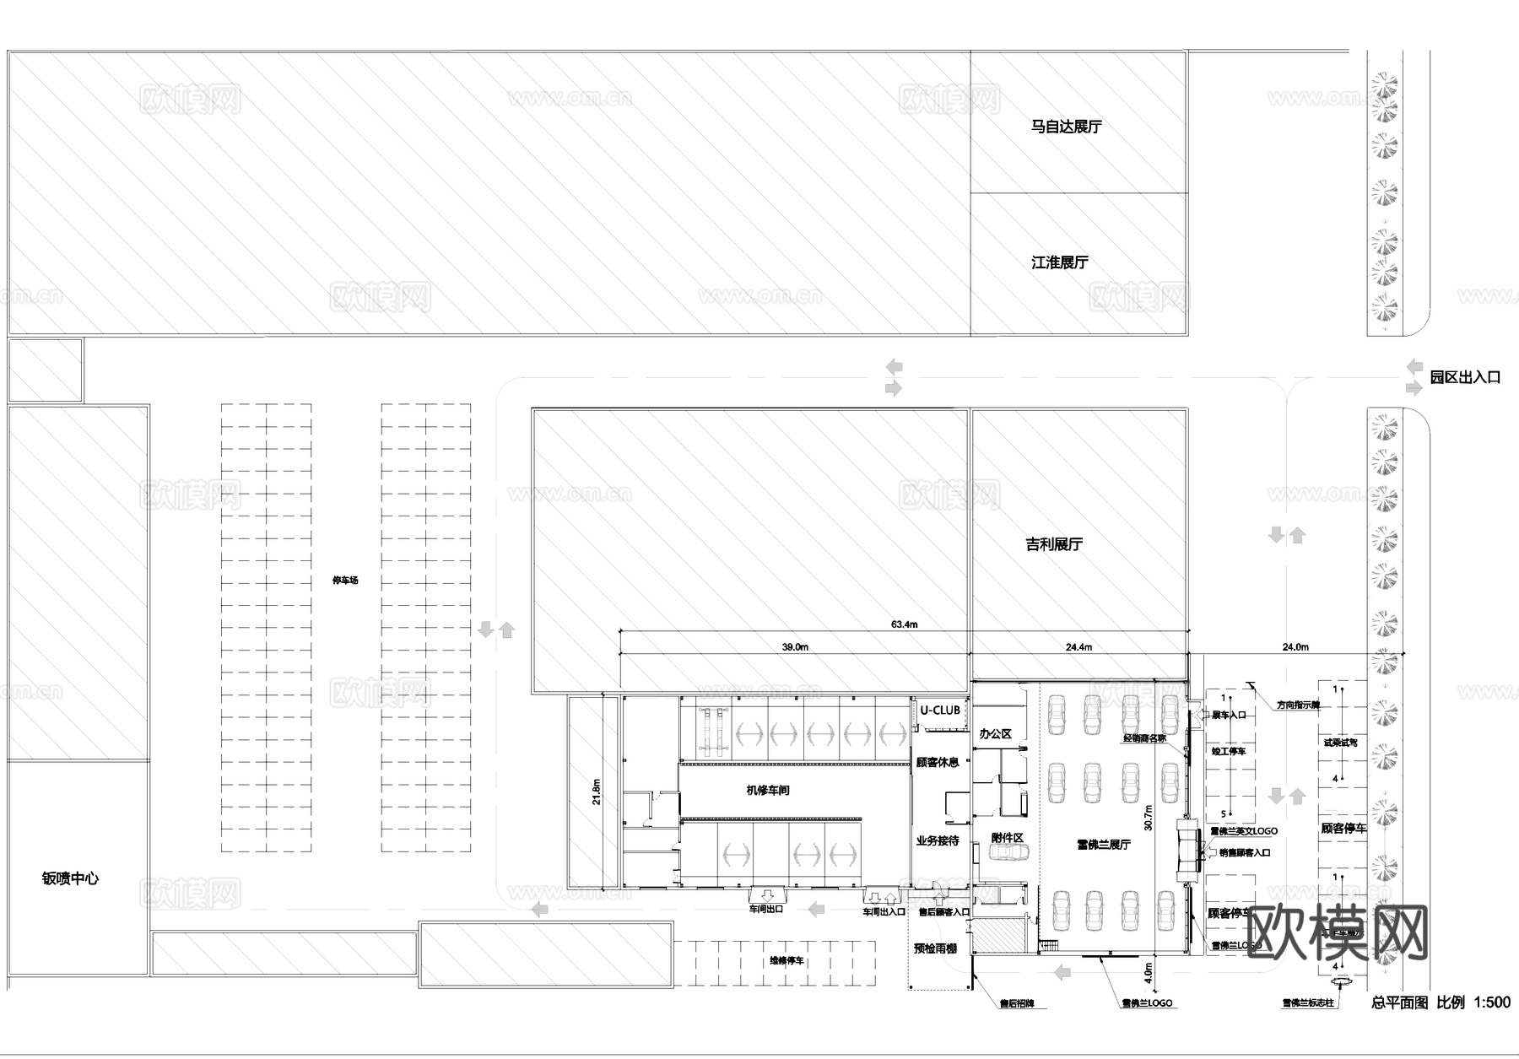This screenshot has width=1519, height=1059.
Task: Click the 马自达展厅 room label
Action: coord(1066,127)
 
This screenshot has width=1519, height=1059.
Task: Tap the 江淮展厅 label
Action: coord(1060,262)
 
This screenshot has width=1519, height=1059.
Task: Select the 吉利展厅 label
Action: coord(1054,544)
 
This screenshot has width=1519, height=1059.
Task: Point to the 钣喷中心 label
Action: coord(70,878)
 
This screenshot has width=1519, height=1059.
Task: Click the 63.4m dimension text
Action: coord(904,624)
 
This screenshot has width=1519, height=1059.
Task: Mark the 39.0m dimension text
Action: coord(794,647)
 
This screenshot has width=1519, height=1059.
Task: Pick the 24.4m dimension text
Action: coord(1078,647)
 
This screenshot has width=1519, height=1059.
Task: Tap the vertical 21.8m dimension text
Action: coord(597,792)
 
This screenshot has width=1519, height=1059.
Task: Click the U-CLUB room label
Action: coord(939,711)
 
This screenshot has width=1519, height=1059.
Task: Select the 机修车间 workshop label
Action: coord(768,791)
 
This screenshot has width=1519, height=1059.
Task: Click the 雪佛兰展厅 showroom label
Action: coord(1103,845)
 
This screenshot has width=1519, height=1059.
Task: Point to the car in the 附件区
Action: coord(1008,853)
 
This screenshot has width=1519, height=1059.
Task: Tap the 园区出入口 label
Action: coord(1465,377)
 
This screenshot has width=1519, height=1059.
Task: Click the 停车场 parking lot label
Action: coord(345,581)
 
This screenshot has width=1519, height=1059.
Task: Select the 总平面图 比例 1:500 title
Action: coord(1440,1002)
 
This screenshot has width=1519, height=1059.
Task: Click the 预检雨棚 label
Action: coord(935,948)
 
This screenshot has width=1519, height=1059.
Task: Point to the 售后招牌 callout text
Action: coord(1016,1004)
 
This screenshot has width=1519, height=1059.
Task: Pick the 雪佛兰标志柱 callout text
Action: coord(1307,1003)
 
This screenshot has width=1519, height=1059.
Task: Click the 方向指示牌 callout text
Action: coord(1297,705)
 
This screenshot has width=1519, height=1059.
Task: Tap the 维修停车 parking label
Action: coord(786,961)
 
